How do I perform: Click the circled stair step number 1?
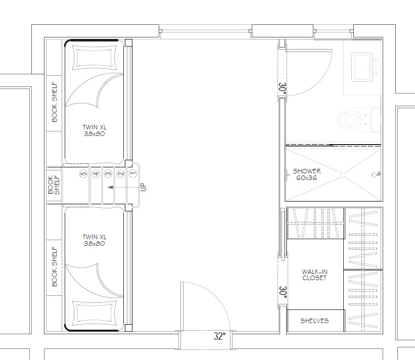pyautogui.click(x=133, y=173)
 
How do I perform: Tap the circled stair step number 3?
pyautogui.click(x=108, y=173)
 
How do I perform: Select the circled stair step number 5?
pyautogui.click(x=83, y=173)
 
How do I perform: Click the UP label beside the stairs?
pyautogui.click(x=143, y=187)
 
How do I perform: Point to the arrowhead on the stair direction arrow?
pyautogui.click(x=110, y=188)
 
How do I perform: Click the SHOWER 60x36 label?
pyautogui.click(x=307, y=174)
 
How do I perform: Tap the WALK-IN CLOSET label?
pyautogui.click(x=314, y=275)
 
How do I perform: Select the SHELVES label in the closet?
pyautogui.click(x=314, y=321)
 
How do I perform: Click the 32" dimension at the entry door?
pyautogui.click(x=220, y=336)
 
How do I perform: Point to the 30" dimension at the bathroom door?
pyautogui.click(x=283, y=88)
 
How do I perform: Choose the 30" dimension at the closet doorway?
pyautogui.click(x=283, y=292)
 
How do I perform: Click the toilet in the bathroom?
pyautogui.click(x=358, y=120)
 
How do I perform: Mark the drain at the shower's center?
pyautogui.click(x=343, y=175)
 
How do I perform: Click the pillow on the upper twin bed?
pyautogui.click(x=95, y=58)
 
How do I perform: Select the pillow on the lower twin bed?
pyautogui.click(x=95, y=313)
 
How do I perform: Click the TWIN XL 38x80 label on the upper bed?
pyautogui.click(x=95, y=130)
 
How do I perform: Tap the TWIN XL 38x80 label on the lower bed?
pyautogui.click(x=95, y=240)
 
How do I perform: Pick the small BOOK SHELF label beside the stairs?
pyautogui.click(x=54, y=185)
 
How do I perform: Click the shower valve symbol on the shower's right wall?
pyautogui.click(x=375, y=174)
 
